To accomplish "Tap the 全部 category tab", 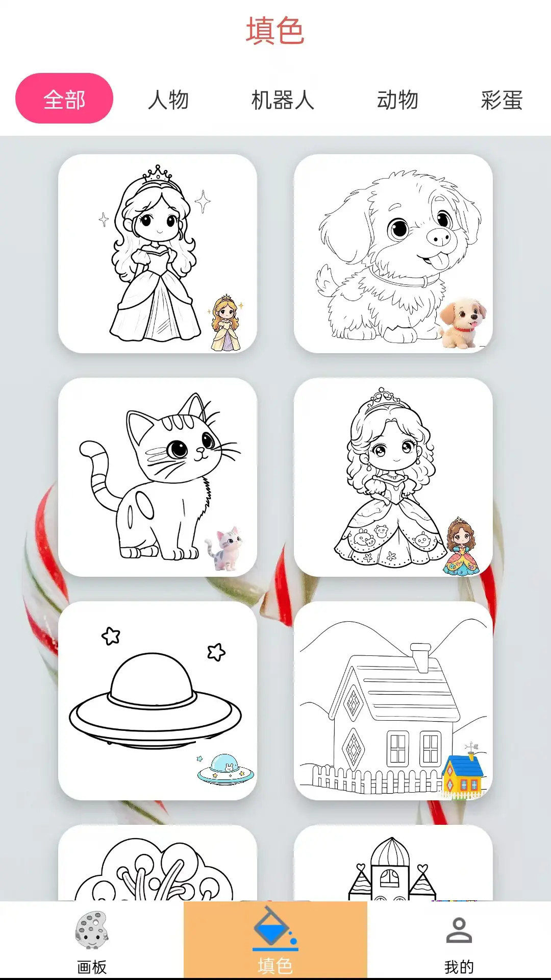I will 64,99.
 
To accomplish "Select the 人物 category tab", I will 168,100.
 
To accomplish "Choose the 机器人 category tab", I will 283,100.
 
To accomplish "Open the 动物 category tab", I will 397,100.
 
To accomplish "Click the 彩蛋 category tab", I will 502,100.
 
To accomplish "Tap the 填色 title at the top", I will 275,31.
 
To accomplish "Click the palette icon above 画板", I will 92,930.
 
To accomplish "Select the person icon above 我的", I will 459,930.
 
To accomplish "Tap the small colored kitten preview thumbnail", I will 224,548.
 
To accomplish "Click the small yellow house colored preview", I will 462,773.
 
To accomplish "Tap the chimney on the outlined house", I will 421,657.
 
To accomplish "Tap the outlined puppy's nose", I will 439,236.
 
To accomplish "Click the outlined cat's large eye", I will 179,449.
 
